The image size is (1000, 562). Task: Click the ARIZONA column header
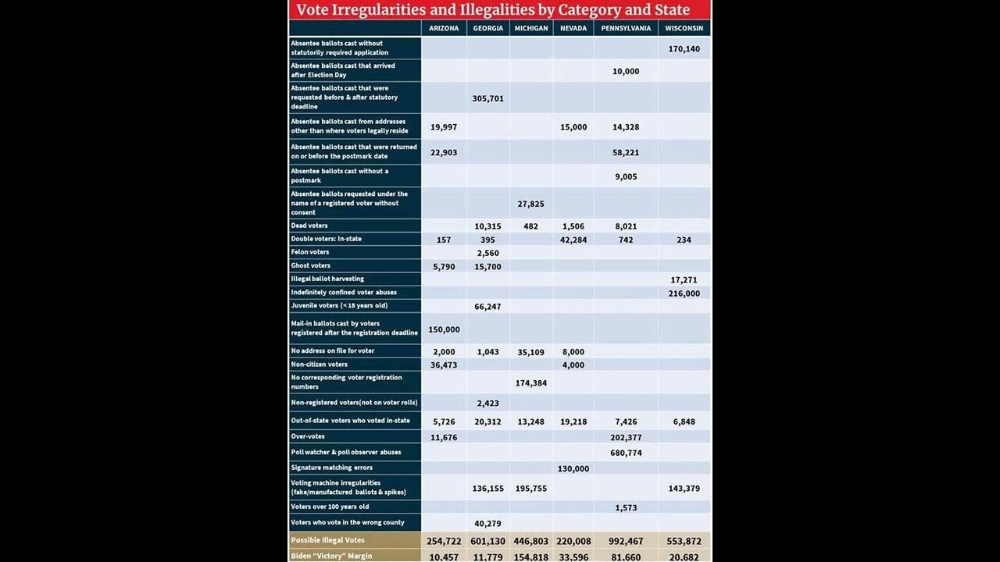[444, 28]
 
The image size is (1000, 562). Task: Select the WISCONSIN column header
[684, 28]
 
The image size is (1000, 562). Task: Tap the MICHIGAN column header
[531, 28]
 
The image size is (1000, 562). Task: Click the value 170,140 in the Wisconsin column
[684, 48]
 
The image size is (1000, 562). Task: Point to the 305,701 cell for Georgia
[488, 98]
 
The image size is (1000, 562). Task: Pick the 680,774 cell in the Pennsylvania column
[626, 453]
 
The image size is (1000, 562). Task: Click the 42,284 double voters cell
[573, 240]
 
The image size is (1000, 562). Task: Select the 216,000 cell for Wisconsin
[684, 293]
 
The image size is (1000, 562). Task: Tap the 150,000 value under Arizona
[444, 329]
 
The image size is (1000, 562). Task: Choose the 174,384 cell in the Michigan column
[531, 383]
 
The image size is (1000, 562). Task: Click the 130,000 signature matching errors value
[573, 468]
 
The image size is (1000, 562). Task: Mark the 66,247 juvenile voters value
[488, 307]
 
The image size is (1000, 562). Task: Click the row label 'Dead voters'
[309, 226]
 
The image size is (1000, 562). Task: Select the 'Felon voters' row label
[310, 252]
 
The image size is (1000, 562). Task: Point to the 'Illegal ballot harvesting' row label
[327, 279]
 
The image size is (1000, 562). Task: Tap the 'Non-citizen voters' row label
[319, 365]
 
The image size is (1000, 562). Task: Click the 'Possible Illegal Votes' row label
[327, 540]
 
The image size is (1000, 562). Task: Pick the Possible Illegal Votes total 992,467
[626, 541]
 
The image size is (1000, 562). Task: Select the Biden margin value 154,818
[531, 557]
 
